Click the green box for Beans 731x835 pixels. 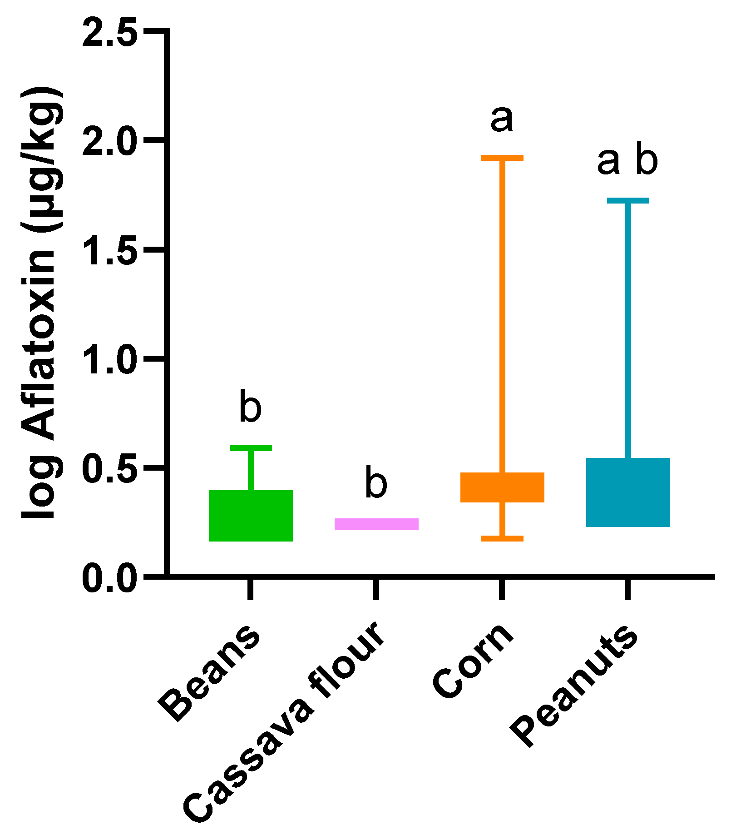(251, 516)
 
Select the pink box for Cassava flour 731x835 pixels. (376, 524)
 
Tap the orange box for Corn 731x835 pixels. (502, 487)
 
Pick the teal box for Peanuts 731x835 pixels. (628, 492)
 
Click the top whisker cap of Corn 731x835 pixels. (502, 158)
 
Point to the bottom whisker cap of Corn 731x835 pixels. (502, 538)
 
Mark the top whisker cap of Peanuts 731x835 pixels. (628, 200)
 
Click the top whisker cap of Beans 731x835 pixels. (251, 448)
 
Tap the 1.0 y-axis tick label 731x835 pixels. (110, 359)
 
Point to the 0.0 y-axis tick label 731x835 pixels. (110, 577)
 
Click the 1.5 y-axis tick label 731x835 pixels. (110, 250)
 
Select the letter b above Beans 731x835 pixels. (251, 407)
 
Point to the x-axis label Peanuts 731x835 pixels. (574, 686)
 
